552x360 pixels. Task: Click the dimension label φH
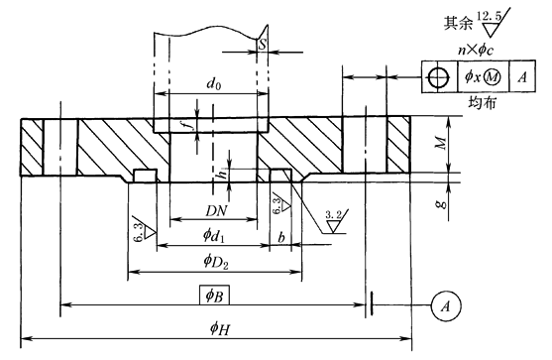click(x=220, y=329)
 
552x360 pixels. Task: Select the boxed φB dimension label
click(x=214, y=295)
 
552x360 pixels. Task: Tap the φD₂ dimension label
click(x=216, y=262)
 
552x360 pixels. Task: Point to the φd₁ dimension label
click(x=214, y=235)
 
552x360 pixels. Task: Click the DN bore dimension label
click(x=216, y=211)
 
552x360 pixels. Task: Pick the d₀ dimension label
click(x=214, y=84)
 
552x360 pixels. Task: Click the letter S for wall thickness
click(x=263, y=45)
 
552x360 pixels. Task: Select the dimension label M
click(x=440, y=143)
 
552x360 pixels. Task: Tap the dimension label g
click(x=443, y=204)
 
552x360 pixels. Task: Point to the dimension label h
click(x=223, y=174)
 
